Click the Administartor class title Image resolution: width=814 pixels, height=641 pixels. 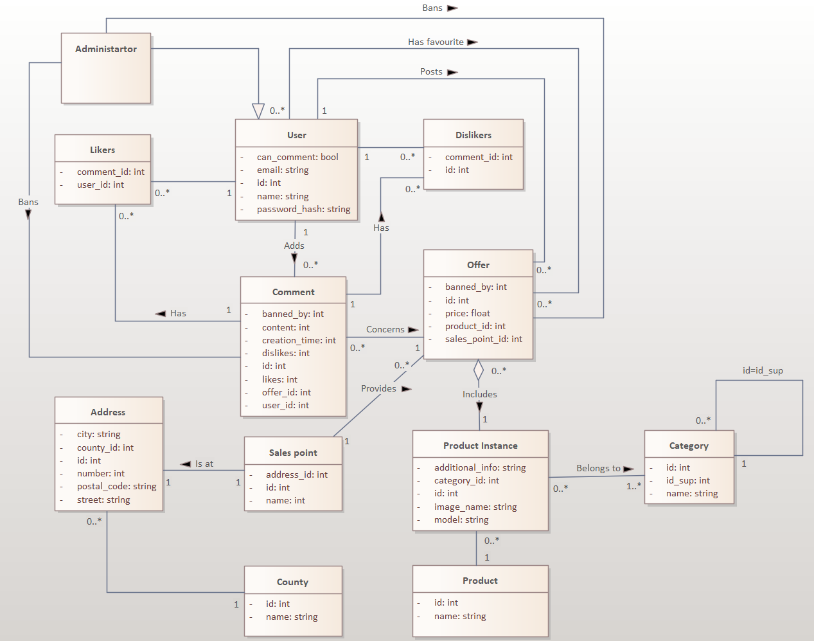coord(106,49)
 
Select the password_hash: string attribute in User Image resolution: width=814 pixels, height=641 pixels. coord(303,209)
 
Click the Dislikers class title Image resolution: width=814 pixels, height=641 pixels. coord(473,135)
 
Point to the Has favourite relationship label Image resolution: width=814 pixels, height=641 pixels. coord(436,42)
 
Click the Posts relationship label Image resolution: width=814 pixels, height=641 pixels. coord(431,71)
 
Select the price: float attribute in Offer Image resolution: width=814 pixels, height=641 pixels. coord(467,313)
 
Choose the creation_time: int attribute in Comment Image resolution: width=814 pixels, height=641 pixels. coord(299,340)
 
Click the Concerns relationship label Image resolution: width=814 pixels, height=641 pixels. coord(385,329)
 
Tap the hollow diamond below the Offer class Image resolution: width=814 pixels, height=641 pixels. coord(479,370)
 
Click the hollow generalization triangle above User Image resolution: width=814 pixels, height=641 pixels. coord(258,111)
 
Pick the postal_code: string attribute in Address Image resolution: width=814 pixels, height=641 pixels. coord(116,486)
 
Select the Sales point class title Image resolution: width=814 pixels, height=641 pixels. coord(293,453)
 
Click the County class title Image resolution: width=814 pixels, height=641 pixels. coord(292,582)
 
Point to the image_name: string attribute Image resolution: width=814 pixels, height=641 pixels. coord(475,507)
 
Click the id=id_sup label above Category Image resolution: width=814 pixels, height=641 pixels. coord(763,370)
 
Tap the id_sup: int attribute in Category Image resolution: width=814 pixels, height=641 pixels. coord(687,480)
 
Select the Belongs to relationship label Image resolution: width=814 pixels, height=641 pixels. coord(598,468)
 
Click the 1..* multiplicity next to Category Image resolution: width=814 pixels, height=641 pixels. coord(633,486)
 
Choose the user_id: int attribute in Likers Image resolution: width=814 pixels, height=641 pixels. coord(100,185)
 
